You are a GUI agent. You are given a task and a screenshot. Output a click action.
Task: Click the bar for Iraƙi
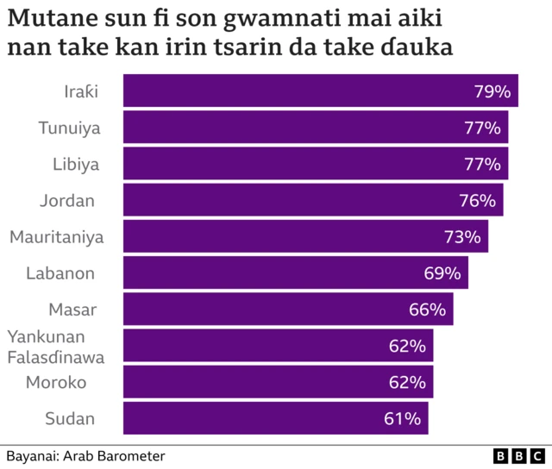pyautogui.click(x=320, y=91)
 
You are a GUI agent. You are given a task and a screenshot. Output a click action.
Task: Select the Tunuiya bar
pyautogui.click(x=316, y=128)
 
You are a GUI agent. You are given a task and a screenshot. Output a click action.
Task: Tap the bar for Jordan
pyautogui.click(x=313, y=200)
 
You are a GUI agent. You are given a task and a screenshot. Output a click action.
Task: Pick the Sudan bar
pyautogui.click(x=275, y=419)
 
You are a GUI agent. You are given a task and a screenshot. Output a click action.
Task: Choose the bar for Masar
pyautogui.click(x=288, y=310)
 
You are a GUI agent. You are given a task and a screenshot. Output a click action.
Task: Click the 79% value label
pyautogui.click(x=492, y=91)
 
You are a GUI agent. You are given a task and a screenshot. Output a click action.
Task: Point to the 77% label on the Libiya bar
pyautogui.click(x=482, y=164)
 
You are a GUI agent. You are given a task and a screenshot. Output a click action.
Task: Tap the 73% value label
pyautogui.click(x=462, y=236)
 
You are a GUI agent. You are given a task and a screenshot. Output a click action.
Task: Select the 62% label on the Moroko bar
pyautogui.click(x=407, y=383)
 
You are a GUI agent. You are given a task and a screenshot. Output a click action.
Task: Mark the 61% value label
pyautogui.click(x=402, y=419)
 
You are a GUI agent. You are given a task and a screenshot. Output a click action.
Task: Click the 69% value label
pyautogui.click(x=442, y=273)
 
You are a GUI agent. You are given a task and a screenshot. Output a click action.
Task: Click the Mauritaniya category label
pyautogui.click(x=56, y=237)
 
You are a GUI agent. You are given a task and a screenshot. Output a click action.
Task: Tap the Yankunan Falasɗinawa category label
pyautogui.click(x=56, y=346)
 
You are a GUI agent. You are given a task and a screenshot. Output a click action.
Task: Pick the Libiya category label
pyautogui.click(x=76, y=164)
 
